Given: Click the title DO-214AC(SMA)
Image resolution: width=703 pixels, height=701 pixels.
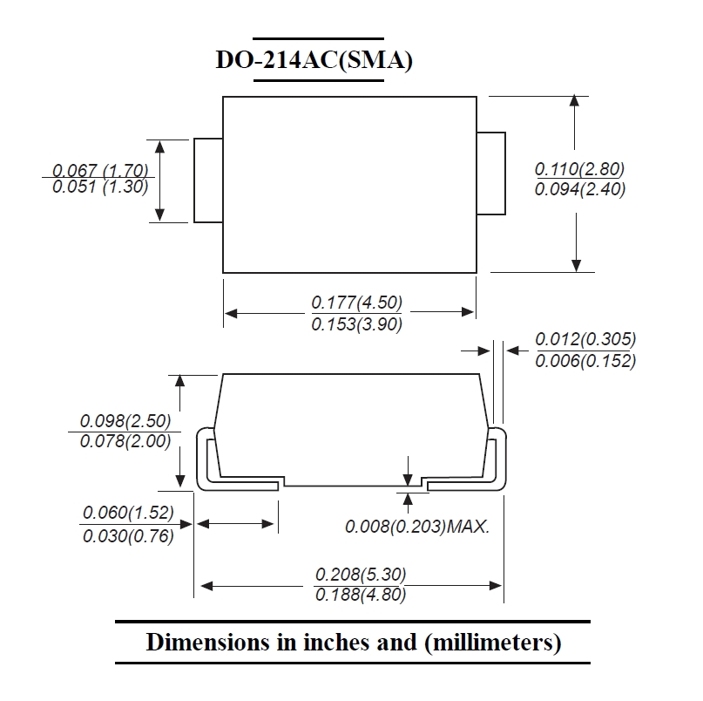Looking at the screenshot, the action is pos(314,59).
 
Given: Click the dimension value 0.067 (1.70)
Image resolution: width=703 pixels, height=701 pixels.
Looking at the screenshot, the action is pos(100,170).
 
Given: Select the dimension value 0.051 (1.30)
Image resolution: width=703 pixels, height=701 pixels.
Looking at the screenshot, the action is pos(100,187).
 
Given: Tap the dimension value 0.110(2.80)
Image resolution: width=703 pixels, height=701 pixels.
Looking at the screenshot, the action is pos(579,169).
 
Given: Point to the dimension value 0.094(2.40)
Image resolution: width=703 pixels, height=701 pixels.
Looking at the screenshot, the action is pos(579,189).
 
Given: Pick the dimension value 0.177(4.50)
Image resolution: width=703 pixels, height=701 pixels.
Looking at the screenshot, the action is pos(357,303).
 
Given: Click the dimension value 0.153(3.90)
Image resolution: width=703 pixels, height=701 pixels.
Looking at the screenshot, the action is pos(357,324).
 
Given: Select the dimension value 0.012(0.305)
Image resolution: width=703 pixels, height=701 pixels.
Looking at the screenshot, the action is pos(585,339).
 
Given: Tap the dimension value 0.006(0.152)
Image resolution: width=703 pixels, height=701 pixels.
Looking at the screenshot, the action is pos(585,361).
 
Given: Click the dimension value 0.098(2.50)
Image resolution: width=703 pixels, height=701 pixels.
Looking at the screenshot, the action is pos(125,421).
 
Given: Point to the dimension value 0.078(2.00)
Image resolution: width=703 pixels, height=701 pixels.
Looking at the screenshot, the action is pos(125,441).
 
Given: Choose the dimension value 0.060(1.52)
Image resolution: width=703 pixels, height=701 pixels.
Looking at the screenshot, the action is pos(128,513).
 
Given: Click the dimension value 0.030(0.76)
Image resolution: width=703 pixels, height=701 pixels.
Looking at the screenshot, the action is pos(128,536).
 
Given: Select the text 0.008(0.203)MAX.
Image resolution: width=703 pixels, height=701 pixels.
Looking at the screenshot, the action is pos(417,527).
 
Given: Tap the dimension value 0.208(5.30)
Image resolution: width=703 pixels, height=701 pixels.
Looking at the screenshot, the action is pos(361,575).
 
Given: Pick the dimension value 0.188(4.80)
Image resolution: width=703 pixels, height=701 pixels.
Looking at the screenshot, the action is pos(361,595).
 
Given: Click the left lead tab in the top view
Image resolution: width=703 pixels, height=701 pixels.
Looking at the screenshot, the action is pos(208,180).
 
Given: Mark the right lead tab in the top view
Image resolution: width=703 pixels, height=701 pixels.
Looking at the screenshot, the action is pos(491,174).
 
